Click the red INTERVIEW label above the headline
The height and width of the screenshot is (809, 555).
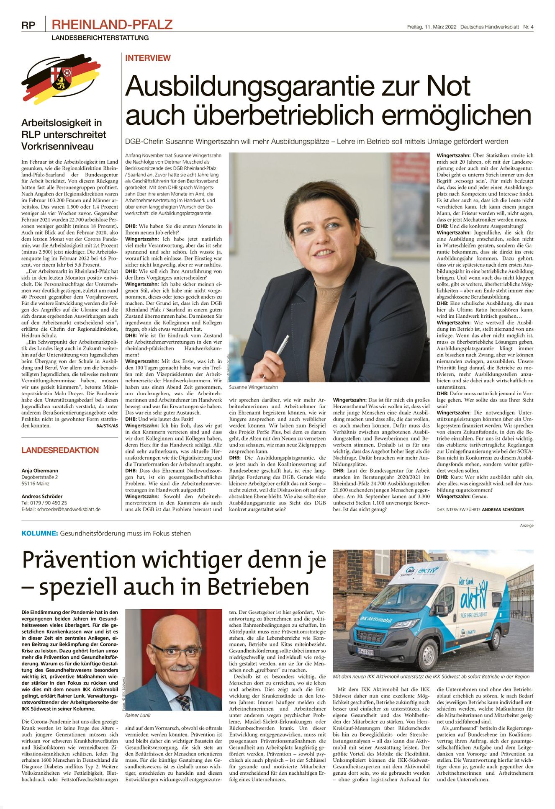pos(148,58)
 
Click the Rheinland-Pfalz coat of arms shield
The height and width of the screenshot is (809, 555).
pos(61,77)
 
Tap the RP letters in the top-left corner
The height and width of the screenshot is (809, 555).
pos(28,26)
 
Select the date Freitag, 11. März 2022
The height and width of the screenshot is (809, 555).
pos(432,27)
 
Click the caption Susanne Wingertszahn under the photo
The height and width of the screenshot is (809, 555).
pos(253,387)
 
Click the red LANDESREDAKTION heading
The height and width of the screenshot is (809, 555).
pos(60,450)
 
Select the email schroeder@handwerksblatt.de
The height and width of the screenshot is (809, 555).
pos(69,509)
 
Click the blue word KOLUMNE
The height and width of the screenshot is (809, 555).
pos(39,533)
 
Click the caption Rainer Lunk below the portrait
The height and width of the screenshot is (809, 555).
pos(138,715)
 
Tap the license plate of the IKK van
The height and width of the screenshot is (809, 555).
pos(365,652)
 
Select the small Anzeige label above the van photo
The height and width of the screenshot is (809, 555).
pos(527,525)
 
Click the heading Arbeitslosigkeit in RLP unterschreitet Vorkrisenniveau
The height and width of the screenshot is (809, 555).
pos(64,134)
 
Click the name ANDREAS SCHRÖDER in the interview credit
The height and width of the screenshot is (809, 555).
pos(503,510)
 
